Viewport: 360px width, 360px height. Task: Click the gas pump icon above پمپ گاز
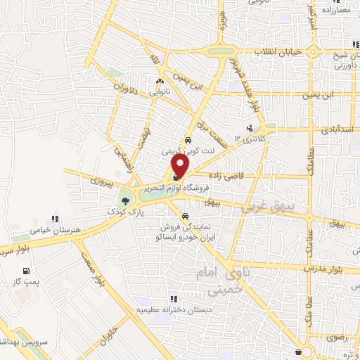(x=27, y=271)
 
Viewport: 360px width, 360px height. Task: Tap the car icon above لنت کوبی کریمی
(x=188, y=140)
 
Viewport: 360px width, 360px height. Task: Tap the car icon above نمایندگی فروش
(x=185, y=217)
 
